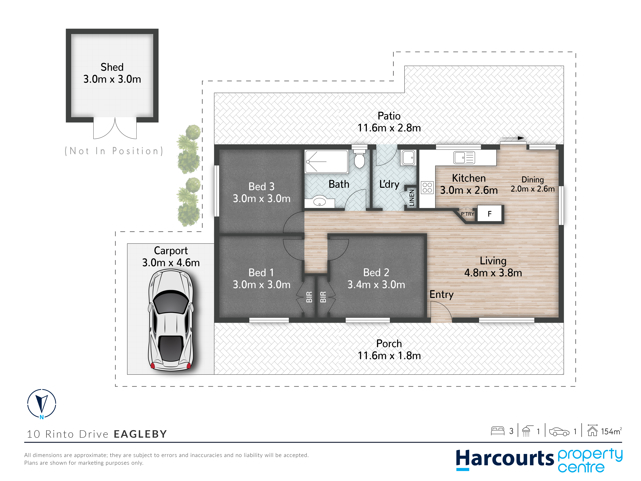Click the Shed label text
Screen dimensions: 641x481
112,67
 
